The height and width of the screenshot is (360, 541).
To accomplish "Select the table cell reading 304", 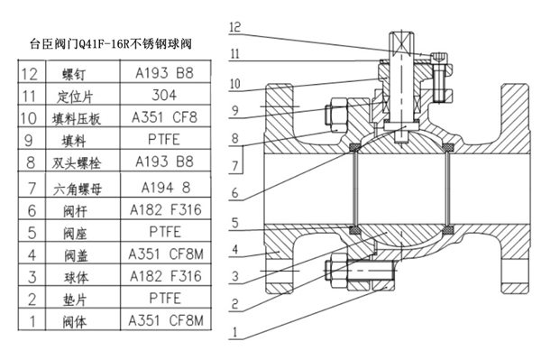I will [x=163, y=93].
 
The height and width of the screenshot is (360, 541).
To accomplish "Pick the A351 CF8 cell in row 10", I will [x=163, y=116].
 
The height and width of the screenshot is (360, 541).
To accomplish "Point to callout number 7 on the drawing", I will [x=235, y=166].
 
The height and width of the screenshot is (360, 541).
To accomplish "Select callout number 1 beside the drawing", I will [x=235, y=332].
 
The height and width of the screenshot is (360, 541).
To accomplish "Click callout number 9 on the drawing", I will [x=235, y=112].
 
